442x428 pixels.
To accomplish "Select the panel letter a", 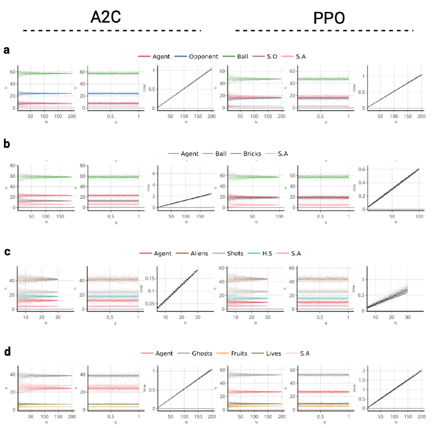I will pyautogui.click(x=7, y=50).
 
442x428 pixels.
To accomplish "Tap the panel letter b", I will pyautogui.click(x=7, y=144).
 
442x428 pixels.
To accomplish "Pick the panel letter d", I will pyautogui.click(x=7, y=352).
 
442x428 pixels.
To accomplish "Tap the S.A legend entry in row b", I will pyautogui.click(x=284, y=154).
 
